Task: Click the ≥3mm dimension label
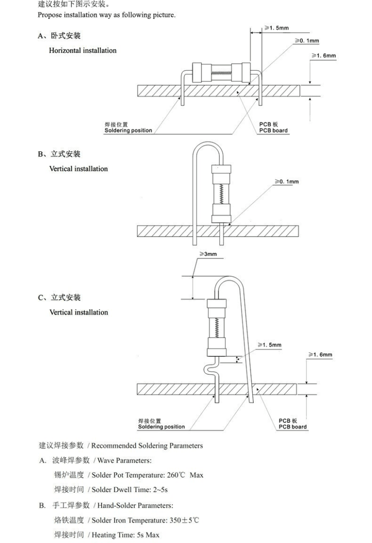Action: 208,254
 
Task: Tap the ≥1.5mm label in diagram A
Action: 277,28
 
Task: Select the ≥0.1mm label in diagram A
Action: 307,41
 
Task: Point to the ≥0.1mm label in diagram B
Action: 287,181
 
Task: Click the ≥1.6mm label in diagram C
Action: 320,354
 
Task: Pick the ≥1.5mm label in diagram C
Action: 269,345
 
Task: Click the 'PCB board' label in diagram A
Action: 273,130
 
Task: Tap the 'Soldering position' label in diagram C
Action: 161,427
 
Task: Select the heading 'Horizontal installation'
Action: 83,50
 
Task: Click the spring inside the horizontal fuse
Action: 221,73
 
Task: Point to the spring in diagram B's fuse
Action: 221,194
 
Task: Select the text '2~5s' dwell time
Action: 160,490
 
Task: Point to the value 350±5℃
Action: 184,520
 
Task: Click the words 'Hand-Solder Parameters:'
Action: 135,506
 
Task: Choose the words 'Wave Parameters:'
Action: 124,461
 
